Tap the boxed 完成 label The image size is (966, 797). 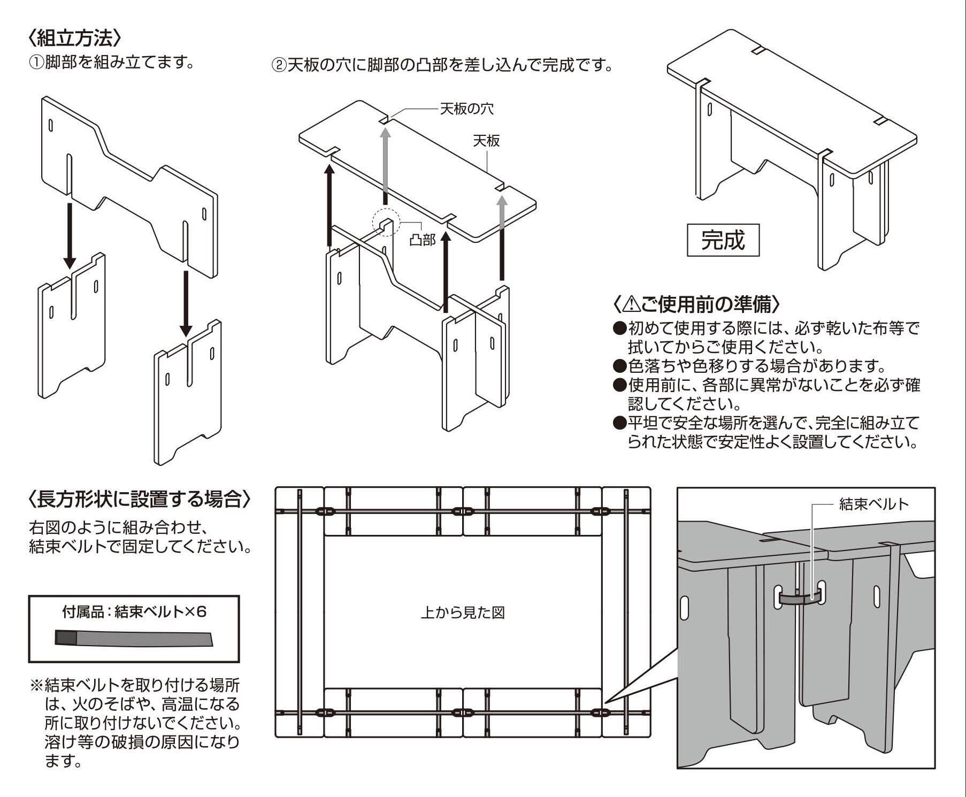tap(723, 240)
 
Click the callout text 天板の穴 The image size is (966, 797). tap(466, 109)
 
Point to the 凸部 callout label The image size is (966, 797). tap(423, 240)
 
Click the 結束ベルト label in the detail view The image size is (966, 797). tap(874, 504)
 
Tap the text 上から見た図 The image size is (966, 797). tap(463, 612)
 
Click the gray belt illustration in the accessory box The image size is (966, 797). tap(134, 638)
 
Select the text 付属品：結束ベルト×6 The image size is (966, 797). tap(134, 611)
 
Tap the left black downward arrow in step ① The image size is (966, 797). tap(70, 235)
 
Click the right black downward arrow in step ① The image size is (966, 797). tap(186, 303)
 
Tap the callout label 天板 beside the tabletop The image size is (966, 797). tap(486, 141)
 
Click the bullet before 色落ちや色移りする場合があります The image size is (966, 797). tap(619, 366)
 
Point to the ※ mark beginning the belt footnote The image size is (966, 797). tap(36, 685)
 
